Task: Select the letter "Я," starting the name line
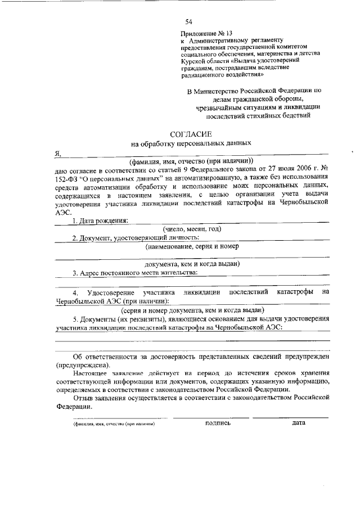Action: coord(58,152)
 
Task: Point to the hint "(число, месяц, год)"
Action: coord(192,228)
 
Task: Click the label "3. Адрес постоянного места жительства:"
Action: coord(135,273)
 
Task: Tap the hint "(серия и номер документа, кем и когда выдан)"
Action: coord(192,310)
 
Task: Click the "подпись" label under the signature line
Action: coord(218,423)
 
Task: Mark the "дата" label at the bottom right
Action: coord(299,423)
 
